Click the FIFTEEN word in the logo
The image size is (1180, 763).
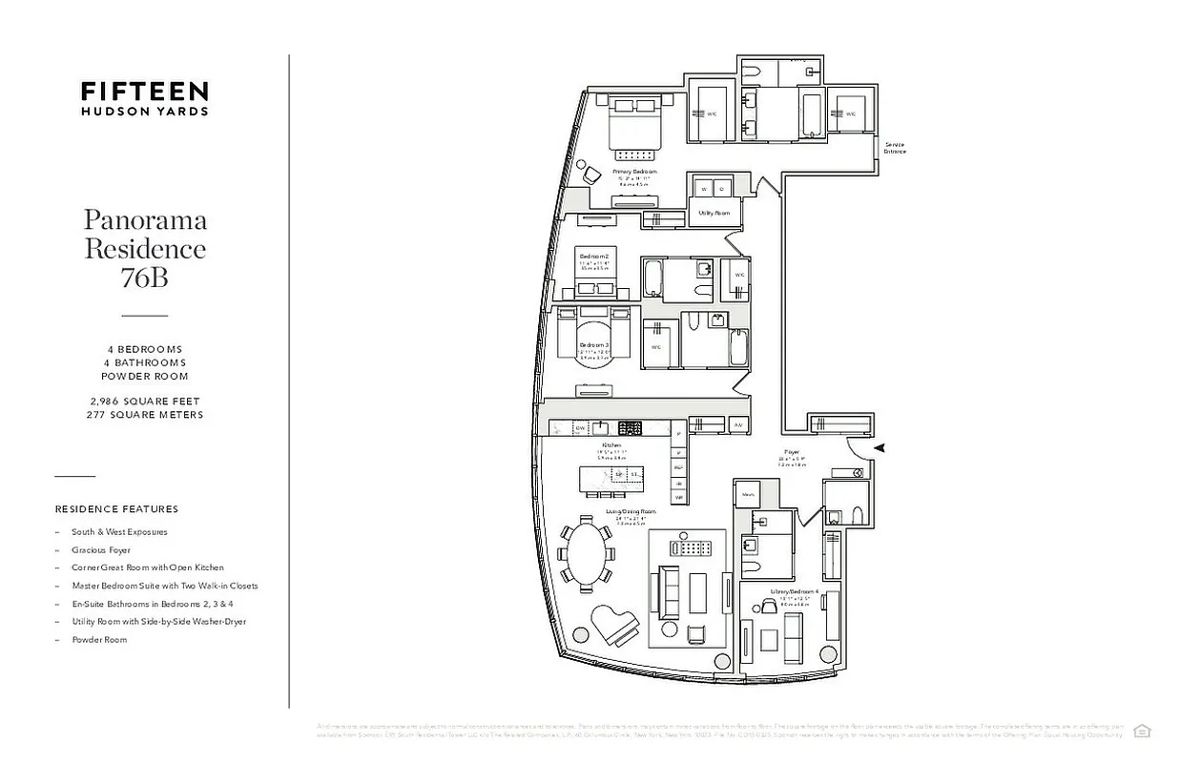(x=144, y=91)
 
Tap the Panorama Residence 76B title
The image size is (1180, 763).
(x=145, y=248)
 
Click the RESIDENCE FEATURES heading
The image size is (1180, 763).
(x=116, y=509)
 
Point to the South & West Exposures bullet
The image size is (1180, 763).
(x=119, y=532)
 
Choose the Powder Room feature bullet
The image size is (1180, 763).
(x=99, y=640)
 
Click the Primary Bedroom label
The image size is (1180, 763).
(x=634, y=172)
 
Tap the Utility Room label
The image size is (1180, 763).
(x=714, y=213)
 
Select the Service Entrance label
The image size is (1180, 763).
(x=894, y=148)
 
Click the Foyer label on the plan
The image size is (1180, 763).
(x=792, y=452)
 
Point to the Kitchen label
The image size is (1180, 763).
(x=611, y=445)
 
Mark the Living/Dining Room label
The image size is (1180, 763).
(x=631, y=512)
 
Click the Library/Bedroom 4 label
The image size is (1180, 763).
(x=795, y=592)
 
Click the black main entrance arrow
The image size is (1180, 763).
(x=880, y=446)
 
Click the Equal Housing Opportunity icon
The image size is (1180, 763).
(x=1142, y=731)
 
